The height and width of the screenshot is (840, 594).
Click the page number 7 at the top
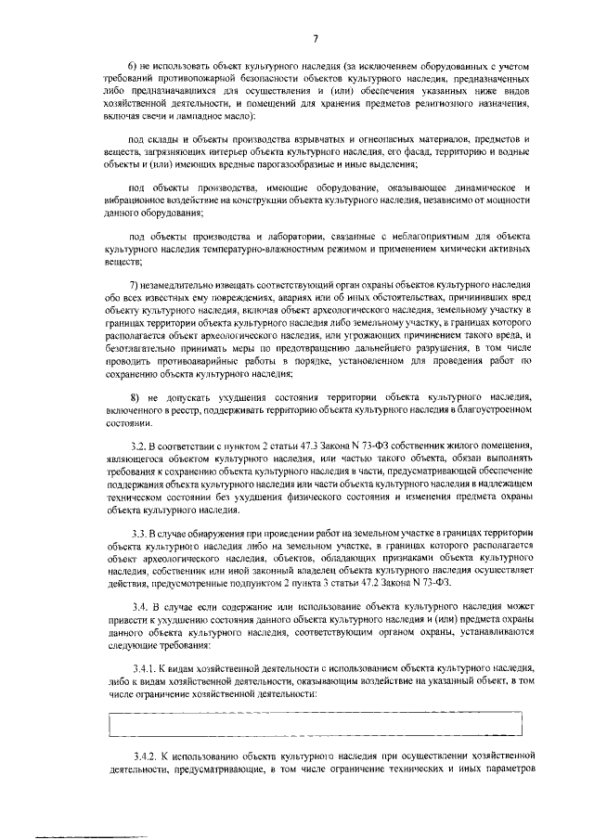(x=316, y=38)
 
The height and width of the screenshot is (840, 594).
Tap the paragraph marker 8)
(x=135, y=395)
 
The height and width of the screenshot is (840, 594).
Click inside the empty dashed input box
(x=316, y=722)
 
